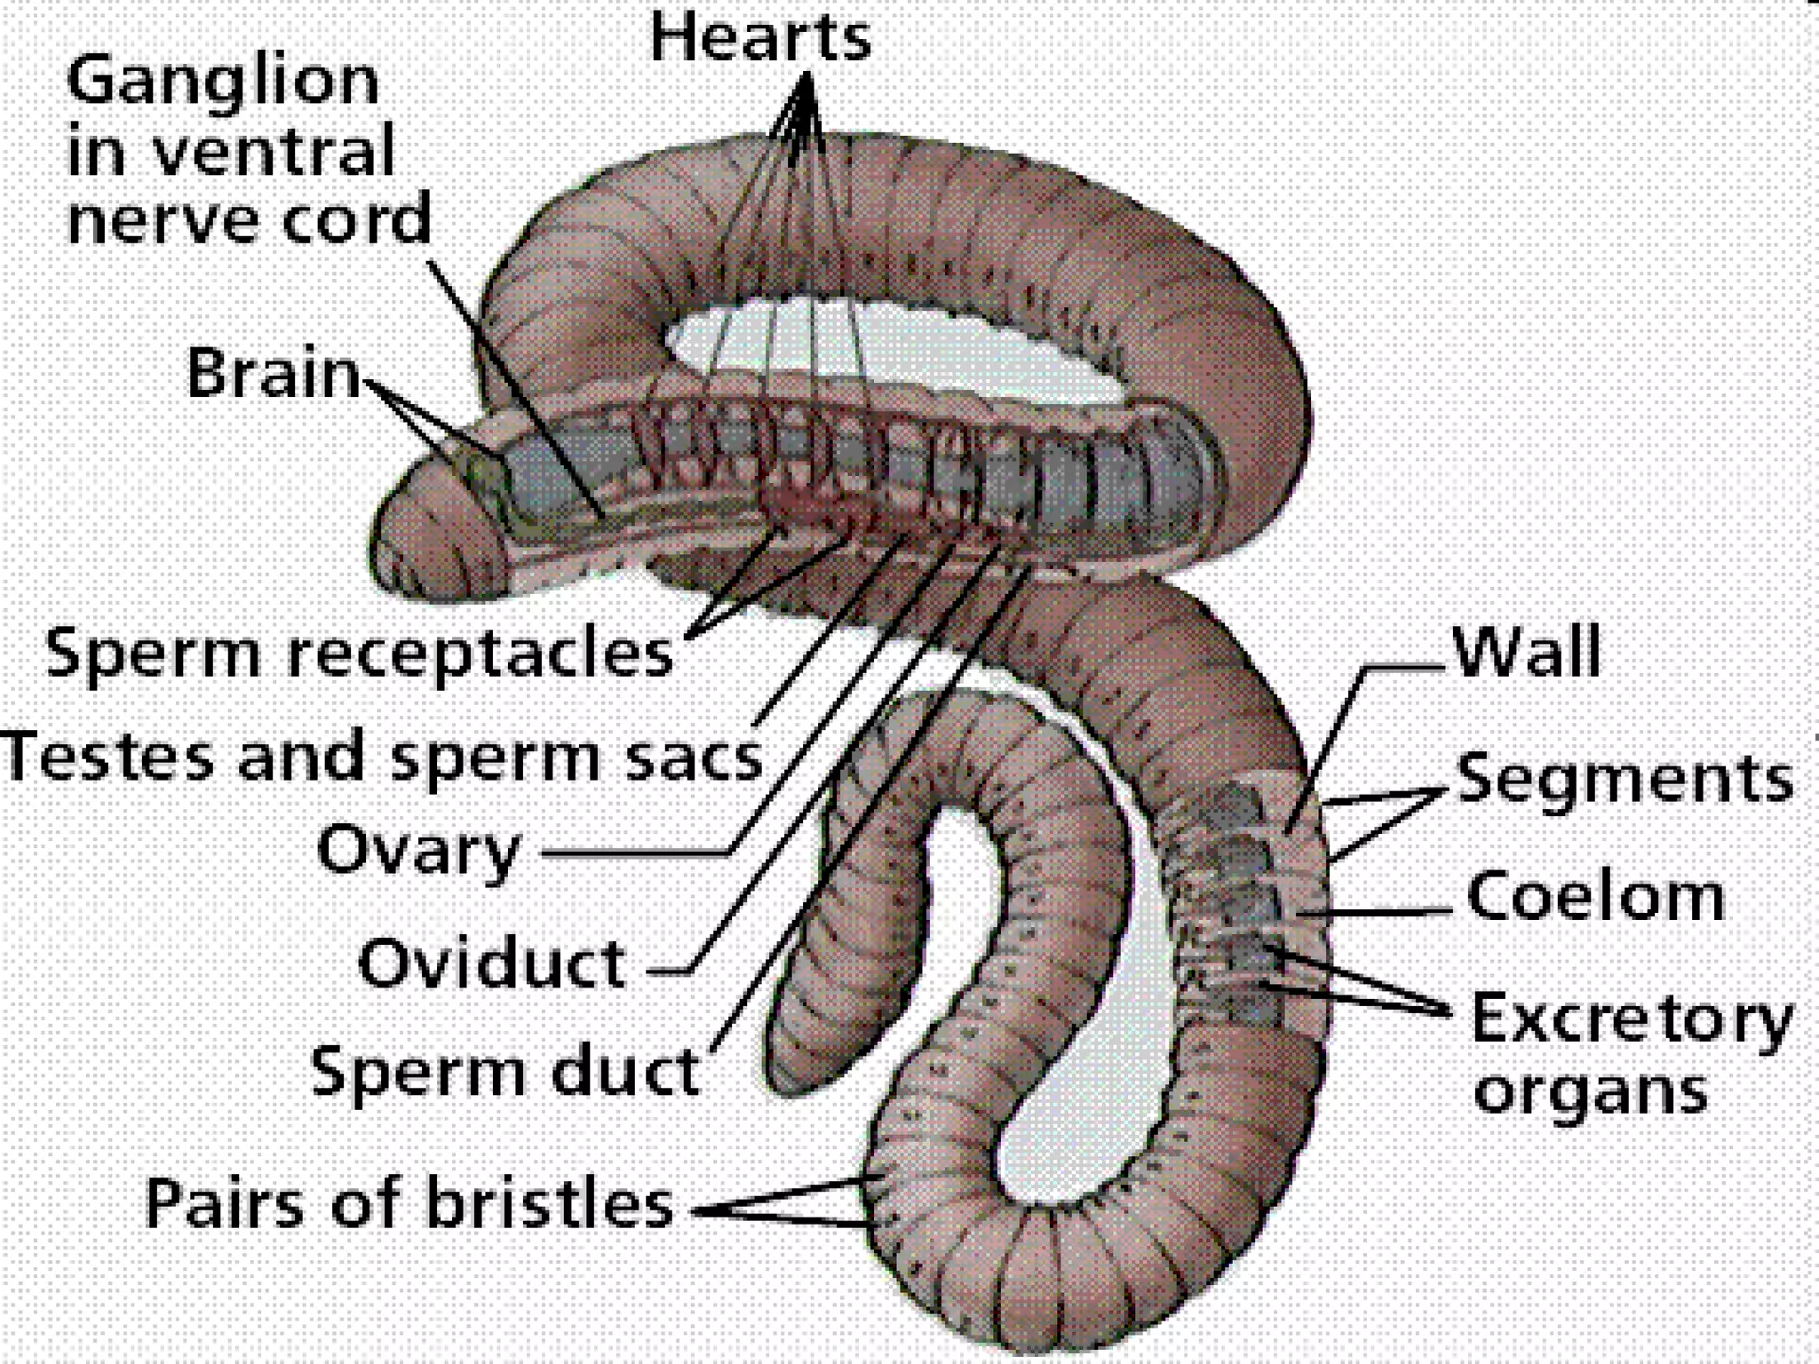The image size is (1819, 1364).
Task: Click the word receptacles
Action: click(x=480, y=655)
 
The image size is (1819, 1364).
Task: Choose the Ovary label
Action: click(x=417, y=851)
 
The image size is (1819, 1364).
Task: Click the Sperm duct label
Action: click(x=504, y=1072)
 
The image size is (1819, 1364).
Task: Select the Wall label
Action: click(x=1526, y=653)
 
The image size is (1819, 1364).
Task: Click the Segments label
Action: click(x=1624, y=780)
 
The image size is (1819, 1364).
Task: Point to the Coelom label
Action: click(x=1595, y=897)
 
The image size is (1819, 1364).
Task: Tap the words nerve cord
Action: click(x=250, y=220)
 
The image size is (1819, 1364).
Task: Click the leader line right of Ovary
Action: click(x=635, y=854)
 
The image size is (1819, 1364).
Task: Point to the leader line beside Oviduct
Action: click(x=671, y=971)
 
